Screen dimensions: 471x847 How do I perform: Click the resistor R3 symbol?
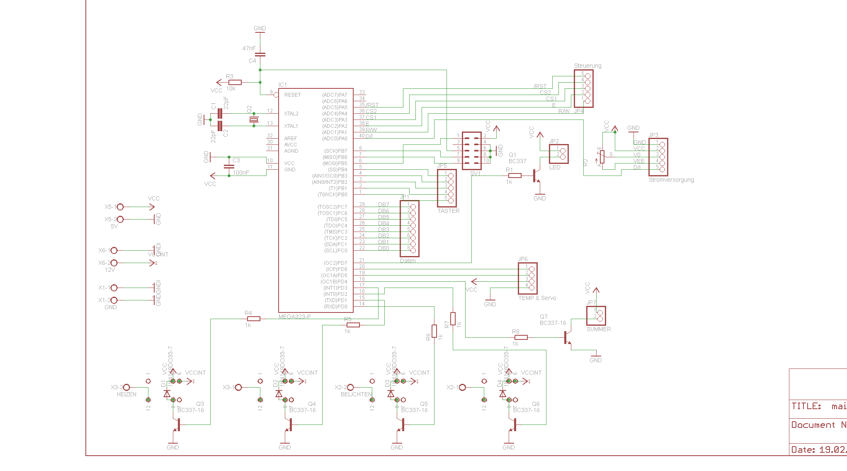(235, 82)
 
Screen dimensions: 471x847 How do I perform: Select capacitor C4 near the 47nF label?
(260, 54)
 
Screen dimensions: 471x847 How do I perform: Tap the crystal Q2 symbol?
(254, 120)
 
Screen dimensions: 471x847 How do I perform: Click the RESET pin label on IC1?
(292, 95)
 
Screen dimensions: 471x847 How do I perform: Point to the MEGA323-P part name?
(294, 317)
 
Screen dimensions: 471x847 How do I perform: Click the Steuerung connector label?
(587, 66)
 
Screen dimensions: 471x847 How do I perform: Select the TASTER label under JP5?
(449, 211)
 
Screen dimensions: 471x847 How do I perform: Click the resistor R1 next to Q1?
(515, 176)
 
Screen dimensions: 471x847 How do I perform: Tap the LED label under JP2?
(555, 167)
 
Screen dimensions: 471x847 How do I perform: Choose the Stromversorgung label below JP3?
(671, 180)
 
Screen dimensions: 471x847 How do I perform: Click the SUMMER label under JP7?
(598, 329)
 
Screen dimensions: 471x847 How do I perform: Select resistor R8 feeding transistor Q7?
(521, 337)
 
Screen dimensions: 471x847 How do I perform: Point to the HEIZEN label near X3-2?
(126, 394)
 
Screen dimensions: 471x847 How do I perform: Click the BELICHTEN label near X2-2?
(356, 394)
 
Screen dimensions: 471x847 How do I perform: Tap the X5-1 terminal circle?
(120, 207)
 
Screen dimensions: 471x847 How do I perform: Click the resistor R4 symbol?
(253, 319)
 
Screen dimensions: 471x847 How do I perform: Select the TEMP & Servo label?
(537, 298)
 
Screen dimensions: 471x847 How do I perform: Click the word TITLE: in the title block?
(806, 406)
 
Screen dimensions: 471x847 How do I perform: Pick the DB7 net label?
(383, 205)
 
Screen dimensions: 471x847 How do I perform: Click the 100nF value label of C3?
(241, 173)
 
